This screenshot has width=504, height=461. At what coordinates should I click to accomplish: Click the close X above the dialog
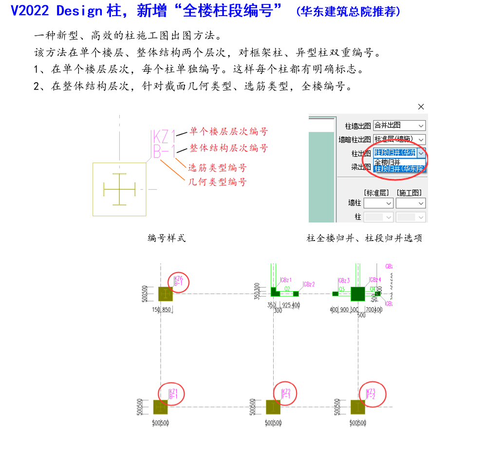pyautogui.click(x=421, y=107)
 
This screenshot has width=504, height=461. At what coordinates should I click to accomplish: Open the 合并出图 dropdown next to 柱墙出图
pyautogui.click(x=399, y=126)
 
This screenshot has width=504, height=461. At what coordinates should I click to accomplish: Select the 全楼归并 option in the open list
pyautogui.click(x=387, y=162)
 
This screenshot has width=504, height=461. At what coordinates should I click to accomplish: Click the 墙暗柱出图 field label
pyautogui.click(x=355, y=140)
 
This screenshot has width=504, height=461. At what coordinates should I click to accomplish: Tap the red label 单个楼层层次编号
pyautogui.click(x=228, y=131)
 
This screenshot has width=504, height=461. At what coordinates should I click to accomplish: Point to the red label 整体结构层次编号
pyautogui.click(x=228, y=148)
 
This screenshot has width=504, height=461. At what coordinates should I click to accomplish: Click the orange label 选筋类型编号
pyautogui.click(x=217, y=168)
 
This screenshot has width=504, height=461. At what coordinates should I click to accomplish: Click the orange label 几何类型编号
pyautogui.click(x=217, y=182)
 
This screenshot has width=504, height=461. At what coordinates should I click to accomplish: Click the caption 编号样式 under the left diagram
pyautogui.click(x=167, y=238)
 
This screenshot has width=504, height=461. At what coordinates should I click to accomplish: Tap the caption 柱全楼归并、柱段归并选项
pyautogui.click(x=364, y=238)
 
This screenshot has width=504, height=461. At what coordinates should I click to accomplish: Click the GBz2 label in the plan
pyautogui.click(x=309, y=284)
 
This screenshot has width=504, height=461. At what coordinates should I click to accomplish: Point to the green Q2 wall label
pyautogui.click(x=287, y=289)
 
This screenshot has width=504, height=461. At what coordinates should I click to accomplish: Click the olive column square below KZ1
pyautogui.click(x=160, y=407)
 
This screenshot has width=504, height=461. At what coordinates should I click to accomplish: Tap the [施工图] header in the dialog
pyautogui.click(x=409, y=193)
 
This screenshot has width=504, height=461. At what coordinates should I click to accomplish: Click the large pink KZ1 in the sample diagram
pyautogui.click(x=164, y=137)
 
